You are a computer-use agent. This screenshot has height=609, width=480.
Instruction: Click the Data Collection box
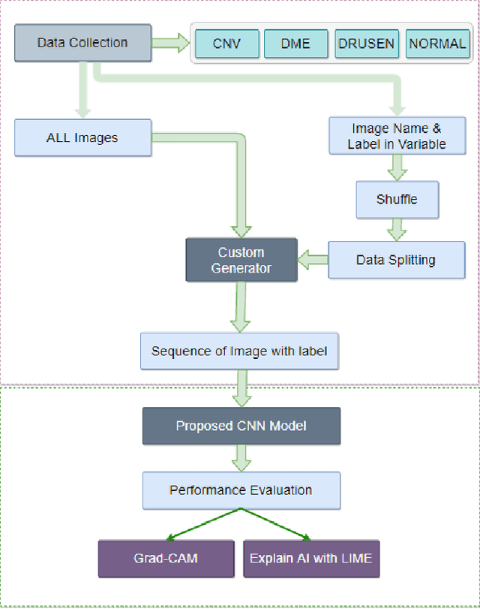82,43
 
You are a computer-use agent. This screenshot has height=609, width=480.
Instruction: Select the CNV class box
226,44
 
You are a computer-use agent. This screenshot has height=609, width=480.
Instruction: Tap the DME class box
295,44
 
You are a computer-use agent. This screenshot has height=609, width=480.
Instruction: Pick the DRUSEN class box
365,44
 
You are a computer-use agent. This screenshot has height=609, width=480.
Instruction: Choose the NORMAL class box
437,44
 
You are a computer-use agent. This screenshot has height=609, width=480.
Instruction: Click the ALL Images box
82,138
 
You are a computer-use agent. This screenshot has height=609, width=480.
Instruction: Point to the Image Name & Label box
396,136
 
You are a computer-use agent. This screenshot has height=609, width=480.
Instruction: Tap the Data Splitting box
396,260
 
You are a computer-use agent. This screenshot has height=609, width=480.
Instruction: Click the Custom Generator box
241,260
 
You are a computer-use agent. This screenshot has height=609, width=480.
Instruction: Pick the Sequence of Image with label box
239,351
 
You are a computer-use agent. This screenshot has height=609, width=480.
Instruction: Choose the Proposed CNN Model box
241,426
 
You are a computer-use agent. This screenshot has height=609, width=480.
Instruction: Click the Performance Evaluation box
241,490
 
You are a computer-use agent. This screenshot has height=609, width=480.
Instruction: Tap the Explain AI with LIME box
311,559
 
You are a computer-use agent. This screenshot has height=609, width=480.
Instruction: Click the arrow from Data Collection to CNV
171,43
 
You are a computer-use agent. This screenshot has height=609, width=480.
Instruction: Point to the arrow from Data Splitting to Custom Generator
313,260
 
